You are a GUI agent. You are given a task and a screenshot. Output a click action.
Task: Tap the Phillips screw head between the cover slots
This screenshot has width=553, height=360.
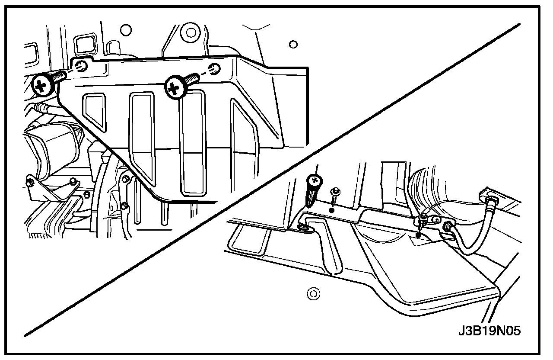[175, 88]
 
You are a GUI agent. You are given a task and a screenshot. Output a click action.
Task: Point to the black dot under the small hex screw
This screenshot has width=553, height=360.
[332, 210]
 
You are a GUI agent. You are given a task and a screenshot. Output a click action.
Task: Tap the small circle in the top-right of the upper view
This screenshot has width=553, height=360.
[293, 44]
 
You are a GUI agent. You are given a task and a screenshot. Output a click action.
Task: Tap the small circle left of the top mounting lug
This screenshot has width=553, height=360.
[125, 30]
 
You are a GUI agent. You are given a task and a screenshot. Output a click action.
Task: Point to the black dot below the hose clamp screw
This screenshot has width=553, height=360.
[418, 236]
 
